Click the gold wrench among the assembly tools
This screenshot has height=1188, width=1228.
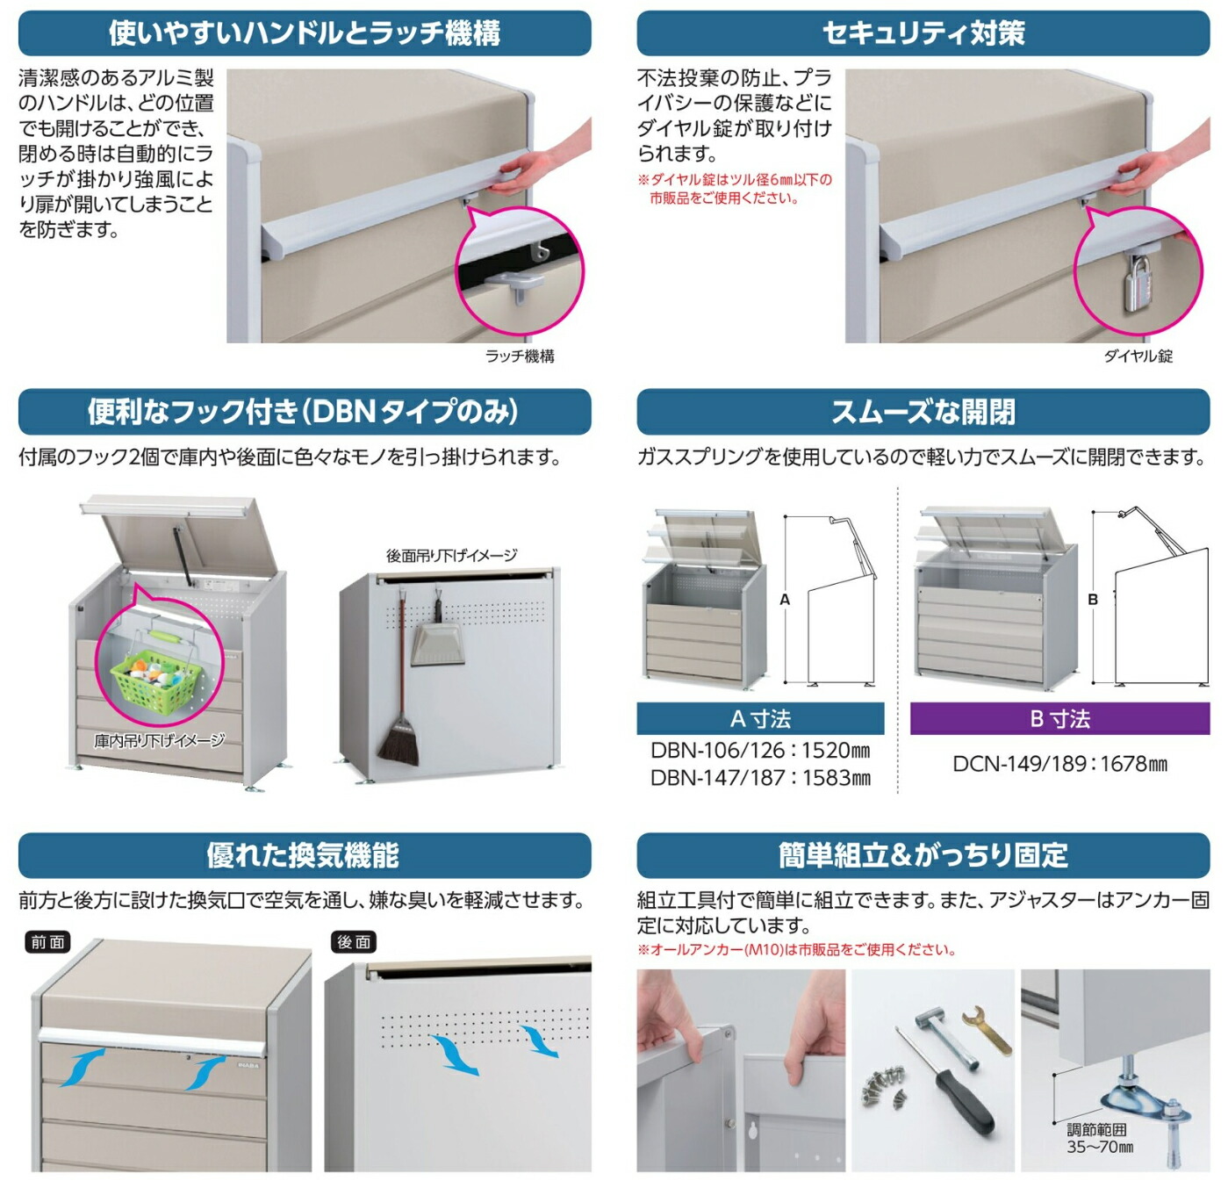pos(987,1030)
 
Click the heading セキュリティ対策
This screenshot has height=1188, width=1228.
pos(923,32)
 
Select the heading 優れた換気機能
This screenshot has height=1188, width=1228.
pos(303,854)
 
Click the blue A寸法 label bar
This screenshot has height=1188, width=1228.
pos(760,718)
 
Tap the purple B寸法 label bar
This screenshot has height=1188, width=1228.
pos(1059,718)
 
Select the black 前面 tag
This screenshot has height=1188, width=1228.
pos(48,942)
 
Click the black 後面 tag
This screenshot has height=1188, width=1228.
pos(354,942)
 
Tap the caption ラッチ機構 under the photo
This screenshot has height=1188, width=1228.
pos(520,356)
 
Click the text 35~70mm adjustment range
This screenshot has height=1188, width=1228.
pos(1100,1147)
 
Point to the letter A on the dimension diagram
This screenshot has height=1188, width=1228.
pos(785,600)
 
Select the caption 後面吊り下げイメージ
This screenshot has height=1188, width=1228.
pos(451,555)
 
